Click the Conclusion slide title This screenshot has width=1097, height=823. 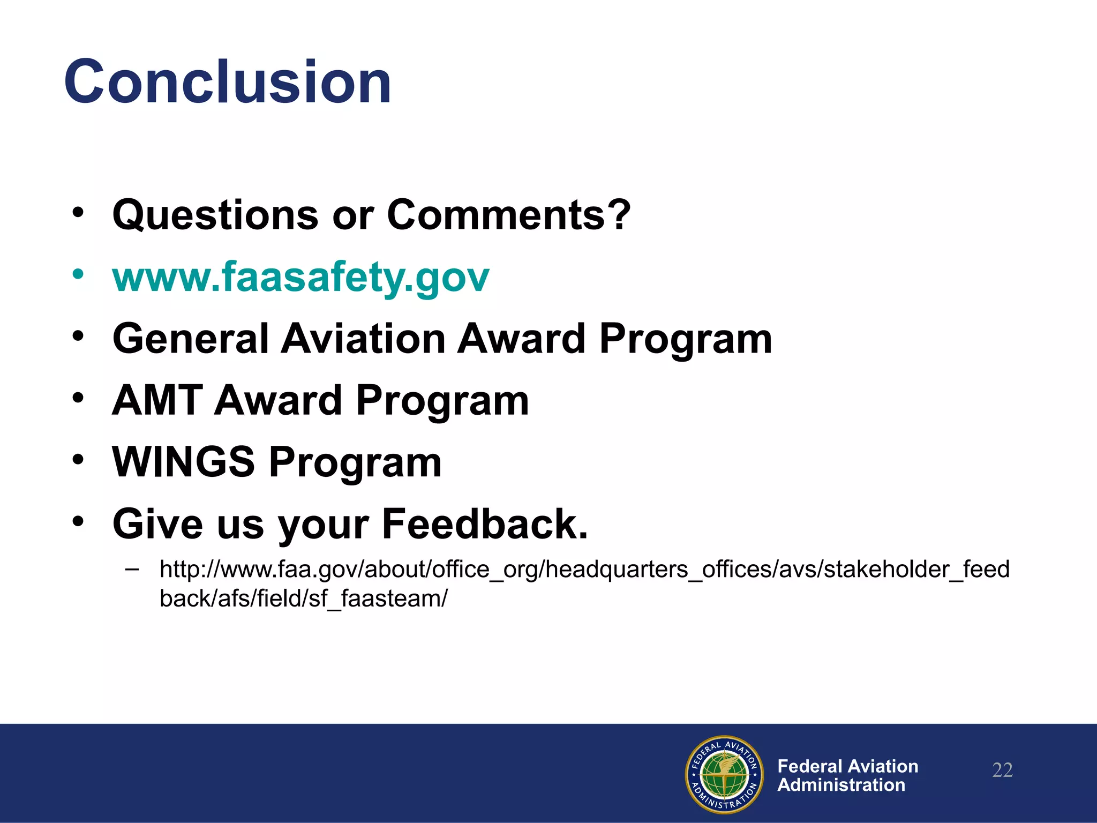click(x=228, y=82)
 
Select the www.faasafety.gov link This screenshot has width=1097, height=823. click(x=300, y=277)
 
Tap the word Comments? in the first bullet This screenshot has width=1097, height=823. click(x=508, y=215)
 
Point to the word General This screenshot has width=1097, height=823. click(x=190, y=339)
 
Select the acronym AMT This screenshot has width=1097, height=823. click(x=156, y=400)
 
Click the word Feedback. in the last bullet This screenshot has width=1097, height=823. click(x=485, y=524)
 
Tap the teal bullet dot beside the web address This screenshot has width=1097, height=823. click(x=78, y=274)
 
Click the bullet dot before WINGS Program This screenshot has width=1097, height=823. click(x=78, y=460)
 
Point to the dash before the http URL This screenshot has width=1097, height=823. click(x=131, y=569)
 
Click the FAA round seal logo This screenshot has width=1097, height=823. click(x=724, y=774)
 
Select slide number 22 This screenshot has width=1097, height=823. click(x=1002, y=770)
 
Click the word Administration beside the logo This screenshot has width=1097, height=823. click(x=841, y=785)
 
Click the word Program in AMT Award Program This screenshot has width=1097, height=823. click(x=442, y=400)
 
